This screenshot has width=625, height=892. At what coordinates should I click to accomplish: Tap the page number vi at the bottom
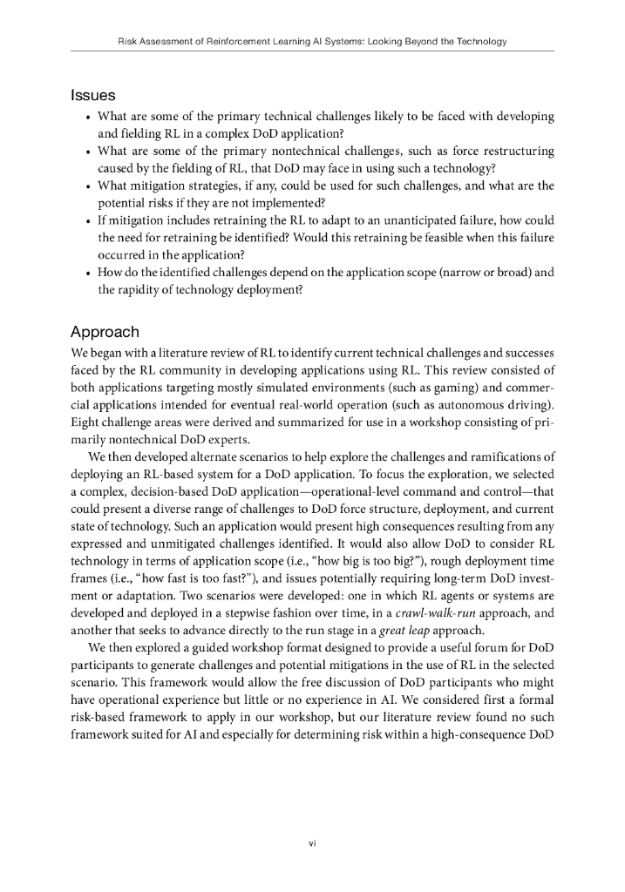(311, 842)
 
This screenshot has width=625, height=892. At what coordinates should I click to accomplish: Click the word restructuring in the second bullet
(512, 151)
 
